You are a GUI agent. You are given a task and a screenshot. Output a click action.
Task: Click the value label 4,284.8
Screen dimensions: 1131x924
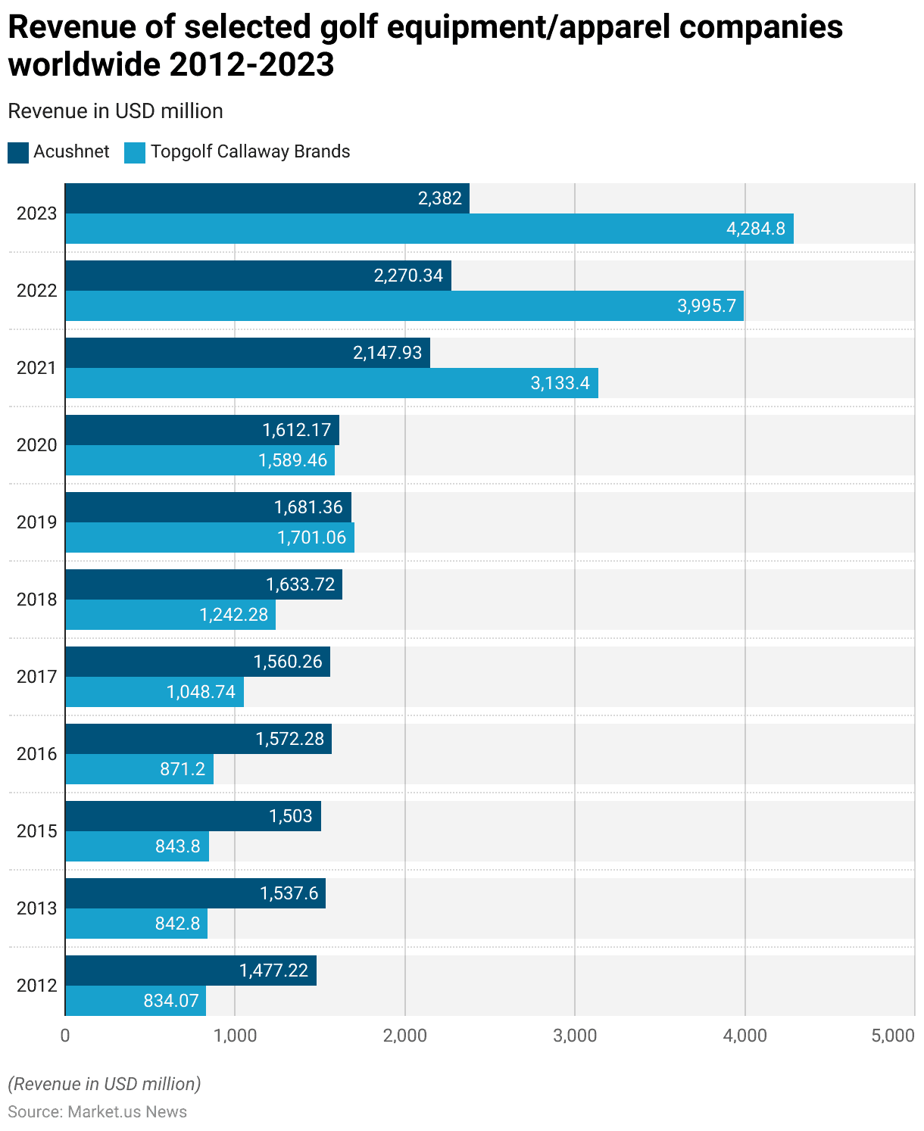coord(755,229)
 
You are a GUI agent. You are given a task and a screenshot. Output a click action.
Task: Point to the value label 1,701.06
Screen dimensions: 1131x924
coord(311,537)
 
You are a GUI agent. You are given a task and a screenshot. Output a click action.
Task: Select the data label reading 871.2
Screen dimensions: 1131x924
coord(183,769)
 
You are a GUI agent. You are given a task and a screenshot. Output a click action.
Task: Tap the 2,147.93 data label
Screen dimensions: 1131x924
coord(387,353)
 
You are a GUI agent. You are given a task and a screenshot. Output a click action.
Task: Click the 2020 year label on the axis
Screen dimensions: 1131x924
coord(37,445)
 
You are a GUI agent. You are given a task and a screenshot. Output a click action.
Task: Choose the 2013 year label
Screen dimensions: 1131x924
coord(37,908)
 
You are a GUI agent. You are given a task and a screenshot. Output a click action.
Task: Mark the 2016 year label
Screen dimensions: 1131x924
coord(37,754)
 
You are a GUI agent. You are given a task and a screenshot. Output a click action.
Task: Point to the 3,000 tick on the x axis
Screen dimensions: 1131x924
coord(575,1036)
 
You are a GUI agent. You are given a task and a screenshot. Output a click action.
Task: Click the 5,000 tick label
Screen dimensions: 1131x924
coord(893,1036)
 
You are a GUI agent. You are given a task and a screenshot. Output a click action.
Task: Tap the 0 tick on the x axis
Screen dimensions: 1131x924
coord(65,1036)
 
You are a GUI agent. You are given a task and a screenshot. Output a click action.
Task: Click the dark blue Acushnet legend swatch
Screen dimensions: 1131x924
coord(18,152)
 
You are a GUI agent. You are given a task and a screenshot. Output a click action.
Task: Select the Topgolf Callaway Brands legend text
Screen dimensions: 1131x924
coord(250,151)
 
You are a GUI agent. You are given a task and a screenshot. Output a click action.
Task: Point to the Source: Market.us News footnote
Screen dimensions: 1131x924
coord(97,1111)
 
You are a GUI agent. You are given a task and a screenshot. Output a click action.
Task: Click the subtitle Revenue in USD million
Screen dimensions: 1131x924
coord(115,111)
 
